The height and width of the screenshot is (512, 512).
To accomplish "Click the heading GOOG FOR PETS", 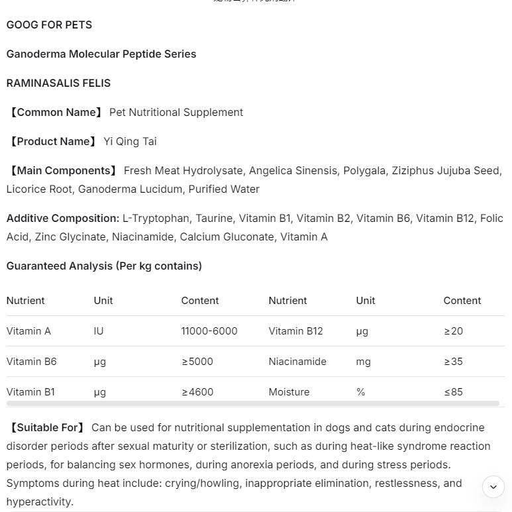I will click(x=49, y=25).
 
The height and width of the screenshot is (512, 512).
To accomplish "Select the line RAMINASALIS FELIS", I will click(x=58, y=83).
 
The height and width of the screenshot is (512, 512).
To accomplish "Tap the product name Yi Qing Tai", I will click(x=130, y=142).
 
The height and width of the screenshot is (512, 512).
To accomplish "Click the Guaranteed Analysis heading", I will click(x=104, y=266).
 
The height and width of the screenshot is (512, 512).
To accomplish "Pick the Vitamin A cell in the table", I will click(x=28, y=331).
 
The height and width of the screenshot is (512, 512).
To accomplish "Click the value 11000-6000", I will click(x=209, y=331).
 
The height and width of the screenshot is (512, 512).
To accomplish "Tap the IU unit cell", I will click(x=99, y=331).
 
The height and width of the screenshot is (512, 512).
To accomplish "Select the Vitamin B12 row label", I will click(x=295, y=331).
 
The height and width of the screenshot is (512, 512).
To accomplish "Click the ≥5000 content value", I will click(x=197, y=362).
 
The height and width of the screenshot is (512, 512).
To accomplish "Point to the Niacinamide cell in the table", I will click(x=297, y=362).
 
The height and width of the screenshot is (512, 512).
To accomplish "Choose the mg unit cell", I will click(x=363, y=362).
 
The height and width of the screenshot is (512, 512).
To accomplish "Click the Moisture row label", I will click(x=289, y=392).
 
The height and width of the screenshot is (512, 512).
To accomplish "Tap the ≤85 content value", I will click(x=453, y=392).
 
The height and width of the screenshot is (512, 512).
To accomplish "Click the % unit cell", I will click(x=360, y=392).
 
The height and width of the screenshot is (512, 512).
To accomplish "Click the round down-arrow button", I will click(x=493, y=487).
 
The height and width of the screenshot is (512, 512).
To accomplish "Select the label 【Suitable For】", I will click(x=46, y=428).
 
